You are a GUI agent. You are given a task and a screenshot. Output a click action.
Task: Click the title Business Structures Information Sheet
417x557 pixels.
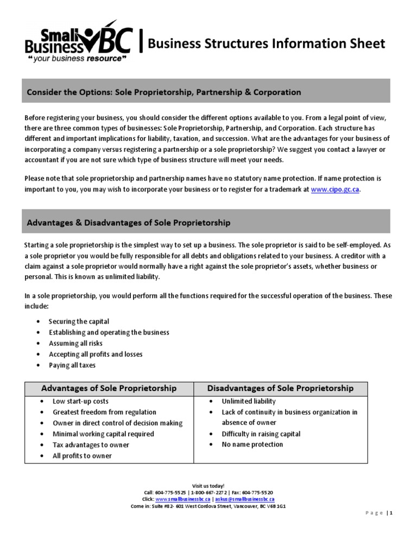267,44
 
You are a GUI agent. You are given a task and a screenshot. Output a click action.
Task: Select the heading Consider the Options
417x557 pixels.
164,92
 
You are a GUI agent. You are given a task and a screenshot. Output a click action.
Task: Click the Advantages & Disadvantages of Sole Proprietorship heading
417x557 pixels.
129,222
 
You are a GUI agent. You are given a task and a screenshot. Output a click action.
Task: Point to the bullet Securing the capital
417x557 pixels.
79,321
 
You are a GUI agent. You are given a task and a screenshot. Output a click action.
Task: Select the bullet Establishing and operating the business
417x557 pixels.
109,332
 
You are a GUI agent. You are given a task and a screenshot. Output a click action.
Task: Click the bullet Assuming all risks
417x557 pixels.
75,343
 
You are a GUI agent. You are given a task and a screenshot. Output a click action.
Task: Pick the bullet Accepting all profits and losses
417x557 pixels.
96,354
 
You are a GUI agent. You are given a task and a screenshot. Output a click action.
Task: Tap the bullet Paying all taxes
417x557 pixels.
72,365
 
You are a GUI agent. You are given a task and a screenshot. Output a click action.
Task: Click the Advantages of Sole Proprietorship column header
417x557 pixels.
109,388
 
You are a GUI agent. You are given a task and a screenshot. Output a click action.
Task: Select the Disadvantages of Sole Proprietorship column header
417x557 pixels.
281,388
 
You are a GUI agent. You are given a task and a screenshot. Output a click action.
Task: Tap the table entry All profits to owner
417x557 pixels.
82,456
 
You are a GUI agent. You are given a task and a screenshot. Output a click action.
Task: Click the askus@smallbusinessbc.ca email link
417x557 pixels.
244,499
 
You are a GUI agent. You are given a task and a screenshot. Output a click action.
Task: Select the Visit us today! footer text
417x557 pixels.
208,485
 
